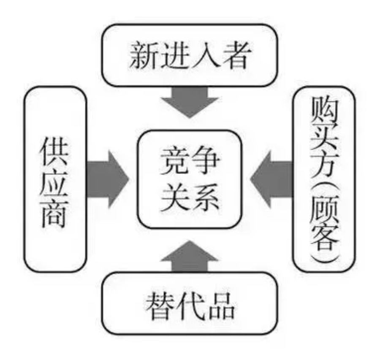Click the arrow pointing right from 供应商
[108, 179]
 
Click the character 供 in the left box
[55, 149]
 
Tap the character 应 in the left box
[55, 179]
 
